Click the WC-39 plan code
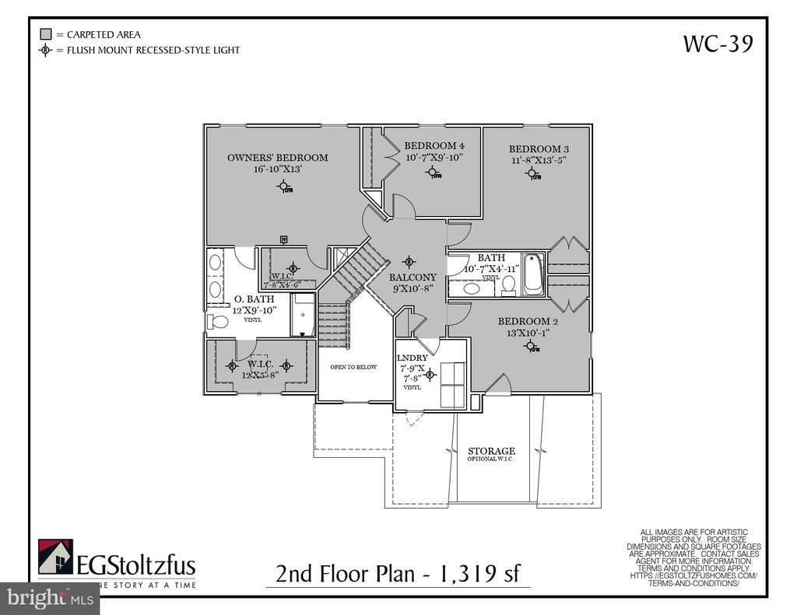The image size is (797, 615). click(x=718, y=44)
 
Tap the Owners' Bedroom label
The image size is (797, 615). click(x=277, y=158)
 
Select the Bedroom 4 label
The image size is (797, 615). click(x=434, y=146)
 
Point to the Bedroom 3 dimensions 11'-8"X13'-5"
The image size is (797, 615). click(x=539, y=161)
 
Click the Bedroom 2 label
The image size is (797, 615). click(x=529, y=321)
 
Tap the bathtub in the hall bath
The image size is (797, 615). click(x=533, y=274)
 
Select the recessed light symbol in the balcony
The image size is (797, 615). click(x=409, y=261)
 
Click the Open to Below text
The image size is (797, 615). click(x=353, y=367)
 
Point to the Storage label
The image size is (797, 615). click(x=491, y=451)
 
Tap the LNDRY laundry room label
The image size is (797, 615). click(x=412, y=358)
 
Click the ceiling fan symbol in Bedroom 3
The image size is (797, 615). click(x=533, y=174)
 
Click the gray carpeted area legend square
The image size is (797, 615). click(x=45, y=34)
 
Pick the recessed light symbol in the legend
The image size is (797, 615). click(x=45, y=51)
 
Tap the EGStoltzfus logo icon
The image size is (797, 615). click(x=55, y=557)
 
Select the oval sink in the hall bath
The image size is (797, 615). click(x=472, y=288)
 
